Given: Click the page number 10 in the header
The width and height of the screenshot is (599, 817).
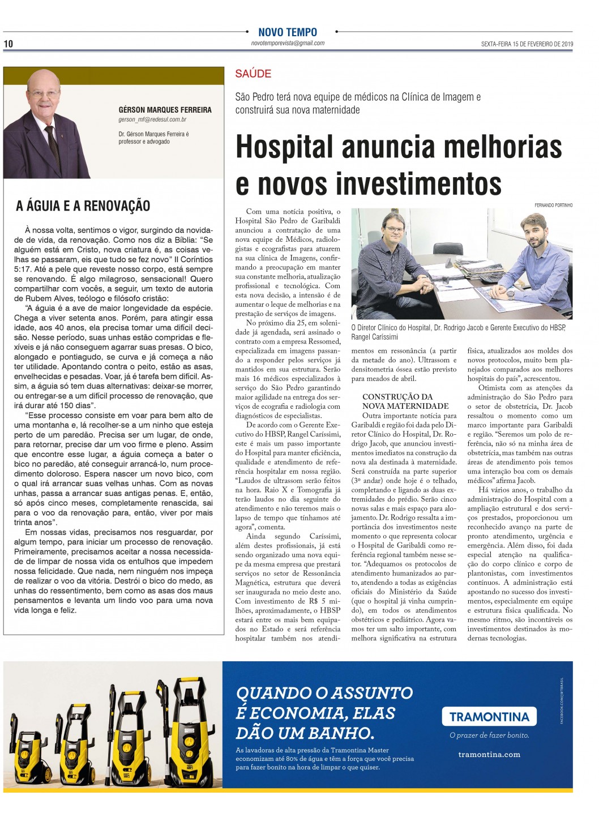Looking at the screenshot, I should pos(8,44).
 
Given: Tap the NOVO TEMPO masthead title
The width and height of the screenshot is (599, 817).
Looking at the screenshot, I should pos(288,32).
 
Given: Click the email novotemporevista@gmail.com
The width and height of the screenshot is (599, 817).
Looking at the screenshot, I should pos(288,44).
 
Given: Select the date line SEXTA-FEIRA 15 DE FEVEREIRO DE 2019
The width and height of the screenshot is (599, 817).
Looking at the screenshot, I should pos(527,44).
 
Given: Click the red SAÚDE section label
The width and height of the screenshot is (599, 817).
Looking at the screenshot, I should pos(253,74).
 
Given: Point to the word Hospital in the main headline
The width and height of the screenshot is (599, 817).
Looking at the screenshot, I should pos(280,147).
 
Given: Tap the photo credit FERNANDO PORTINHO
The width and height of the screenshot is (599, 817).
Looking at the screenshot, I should pos(553,205).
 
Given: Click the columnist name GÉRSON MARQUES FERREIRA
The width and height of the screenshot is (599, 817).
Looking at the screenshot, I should pos(165,109).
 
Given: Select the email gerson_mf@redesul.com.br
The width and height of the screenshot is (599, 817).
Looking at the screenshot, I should pos(152,120).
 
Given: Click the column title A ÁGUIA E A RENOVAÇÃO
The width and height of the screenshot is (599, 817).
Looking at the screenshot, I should pos(83,206).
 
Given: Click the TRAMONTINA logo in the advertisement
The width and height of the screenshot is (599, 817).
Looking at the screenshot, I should pos(489,716).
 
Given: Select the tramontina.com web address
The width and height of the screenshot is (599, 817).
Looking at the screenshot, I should pos(489,754).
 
